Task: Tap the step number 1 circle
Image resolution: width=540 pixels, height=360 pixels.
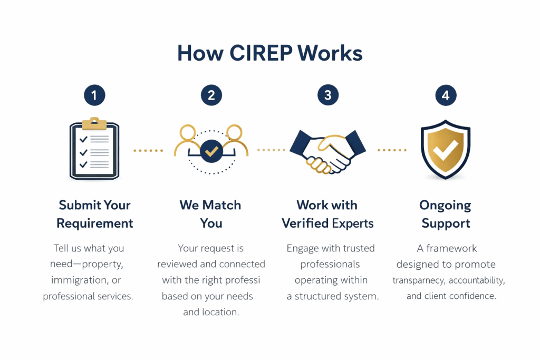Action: tap(94, 95)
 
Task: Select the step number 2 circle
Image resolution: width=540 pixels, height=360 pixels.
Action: tap(211, 95)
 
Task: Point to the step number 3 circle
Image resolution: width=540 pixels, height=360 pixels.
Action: tap(328, 95)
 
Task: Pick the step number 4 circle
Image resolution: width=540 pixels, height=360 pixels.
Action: tap(446, 95)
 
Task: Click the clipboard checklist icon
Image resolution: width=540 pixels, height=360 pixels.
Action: tap(94, 150)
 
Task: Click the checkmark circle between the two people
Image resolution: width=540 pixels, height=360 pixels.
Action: tap(211, 151)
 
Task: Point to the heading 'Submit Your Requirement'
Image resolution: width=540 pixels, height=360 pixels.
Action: tap(95, 214)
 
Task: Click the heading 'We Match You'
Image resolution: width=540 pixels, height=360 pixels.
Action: tap(210, 214)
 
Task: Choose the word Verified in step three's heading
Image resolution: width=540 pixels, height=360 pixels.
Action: tap(305, 223)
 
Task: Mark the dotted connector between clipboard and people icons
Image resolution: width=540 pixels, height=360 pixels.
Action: tap(148, 151)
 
